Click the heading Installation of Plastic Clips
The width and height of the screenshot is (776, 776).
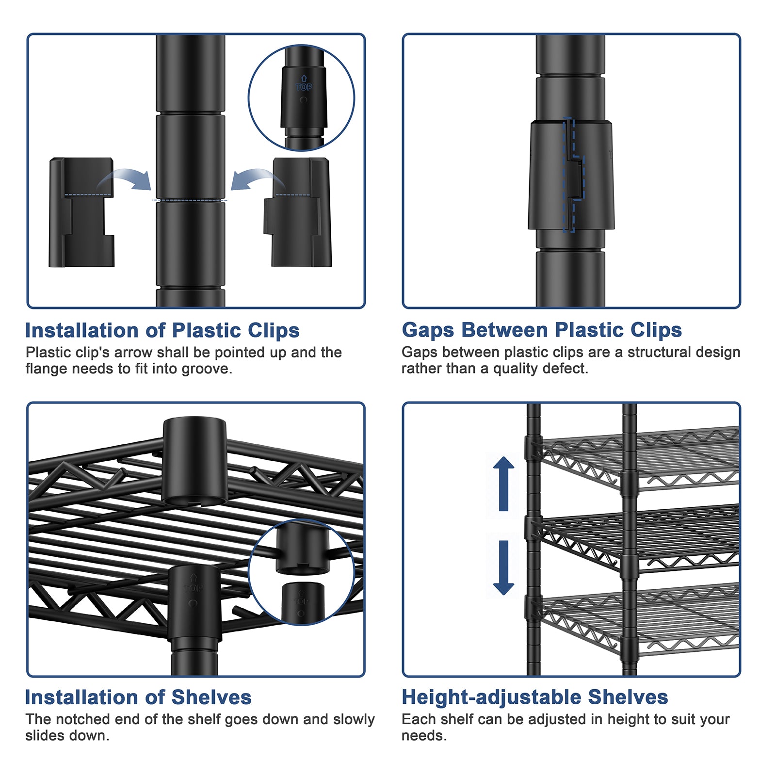click(x=162, y=330)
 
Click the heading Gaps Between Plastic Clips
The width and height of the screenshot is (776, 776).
click(x=542, y=330)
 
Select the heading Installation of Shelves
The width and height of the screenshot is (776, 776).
click(x=138, y=697)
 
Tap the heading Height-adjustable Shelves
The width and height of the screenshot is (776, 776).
click(x=535, y=697)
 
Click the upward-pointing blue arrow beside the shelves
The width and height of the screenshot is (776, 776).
click(x=503, y=484)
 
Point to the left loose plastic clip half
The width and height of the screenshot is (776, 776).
click(x=81, y=212)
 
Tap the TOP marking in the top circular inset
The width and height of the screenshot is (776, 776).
click(x=304, y=87)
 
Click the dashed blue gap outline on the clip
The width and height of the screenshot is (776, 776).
click(x=574, y=175)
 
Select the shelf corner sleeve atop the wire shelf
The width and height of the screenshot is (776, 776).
click(x=194, y=461)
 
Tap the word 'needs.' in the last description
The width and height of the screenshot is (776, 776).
click(x=424, y=736)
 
